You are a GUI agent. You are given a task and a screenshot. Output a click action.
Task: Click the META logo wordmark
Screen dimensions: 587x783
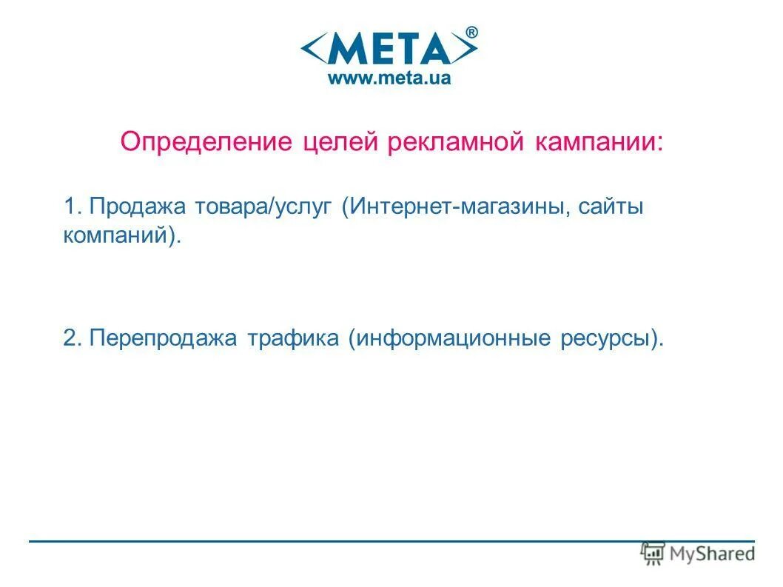(x=389, y=50)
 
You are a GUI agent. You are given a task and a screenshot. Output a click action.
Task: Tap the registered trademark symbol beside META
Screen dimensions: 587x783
(x=471, y=32)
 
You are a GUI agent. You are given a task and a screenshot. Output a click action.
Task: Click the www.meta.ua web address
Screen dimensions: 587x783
(x=389, y=78)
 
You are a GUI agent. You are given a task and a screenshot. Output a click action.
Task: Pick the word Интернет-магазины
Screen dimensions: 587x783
(x=458, y=208)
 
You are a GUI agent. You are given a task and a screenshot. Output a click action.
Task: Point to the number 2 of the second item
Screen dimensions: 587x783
(x=70, y=338)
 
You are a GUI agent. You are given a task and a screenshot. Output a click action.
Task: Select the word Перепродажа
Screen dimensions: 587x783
(x=163, y=339)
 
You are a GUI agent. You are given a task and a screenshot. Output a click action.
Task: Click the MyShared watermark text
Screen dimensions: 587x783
(x=711, y=553)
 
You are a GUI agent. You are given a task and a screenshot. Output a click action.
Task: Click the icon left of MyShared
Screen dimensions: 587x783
(x=653, y=552)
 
